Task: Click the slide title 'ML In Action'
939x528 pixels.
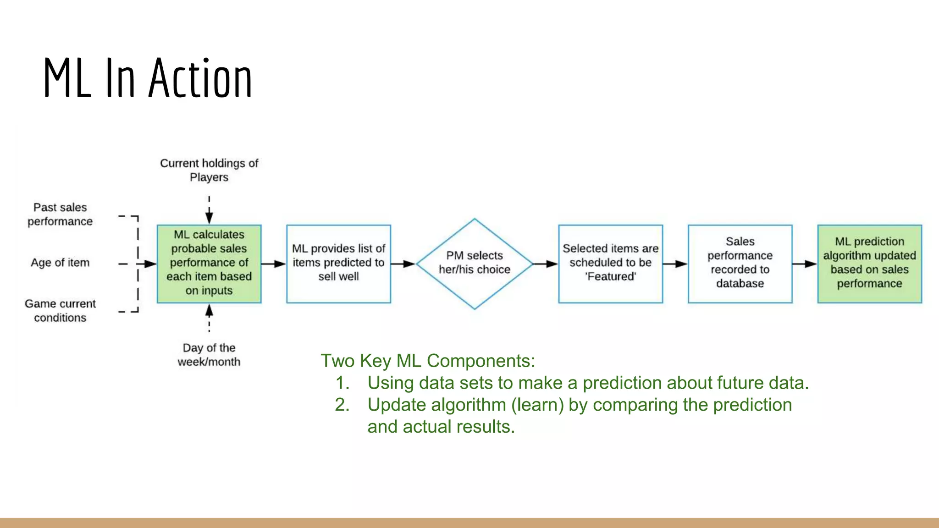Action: tap(148, 78)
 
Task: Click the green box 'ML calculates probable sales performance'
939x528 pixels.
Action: tap(209, 264)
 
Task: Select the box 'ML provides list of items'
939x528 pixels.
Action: tap(338, 264)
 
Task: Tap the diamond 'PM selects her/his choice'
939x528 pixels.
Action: tap(475, 264)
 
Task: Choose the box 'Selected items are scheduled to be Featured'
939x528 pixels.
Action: tap(610, 264)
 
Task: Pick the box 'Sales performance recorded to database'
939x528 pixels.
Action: tap(740, 264)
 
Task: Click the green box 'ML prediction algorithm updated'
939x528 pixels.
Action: tap(869, 264)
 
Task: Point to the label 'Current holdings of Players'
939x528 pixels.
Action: tap(209, 170)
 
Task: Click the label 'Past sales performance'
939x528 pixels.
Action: tap(60, 214)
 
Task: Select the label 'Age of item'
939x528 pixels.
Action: tap(60, 263)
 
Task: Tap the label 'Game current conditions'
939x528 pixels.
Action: tap(60, 310)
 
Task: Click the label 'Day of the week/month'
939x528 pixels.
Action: tap(209, 354)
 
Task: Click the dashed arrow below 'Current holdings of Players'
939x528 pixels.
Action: tap(209, 209)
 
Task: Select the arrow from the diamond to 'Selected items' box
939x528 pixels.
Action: tap(546, 264)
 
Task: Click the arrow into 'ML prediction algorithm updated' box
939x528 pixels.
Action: tap(805, 264)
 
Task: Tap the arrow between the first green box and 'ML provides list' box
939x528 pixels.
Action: tap(274, 264)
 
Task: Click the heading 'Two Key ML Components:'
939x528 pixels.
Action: tap(427, 361)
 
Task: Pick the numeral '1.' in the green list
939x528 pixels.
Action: tap(342, 383)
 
